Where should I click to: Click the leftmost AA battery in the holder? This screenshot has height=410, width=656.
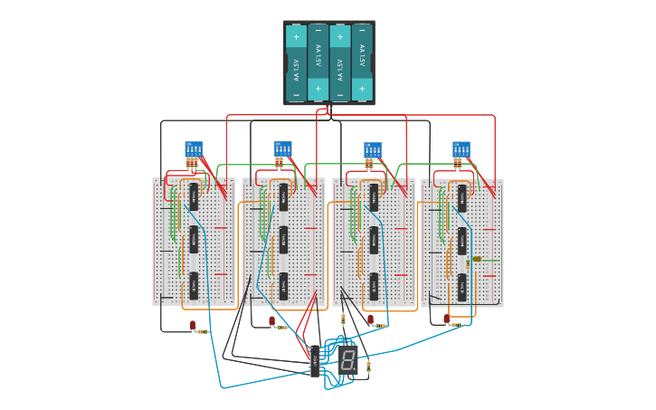(x=296, y=62)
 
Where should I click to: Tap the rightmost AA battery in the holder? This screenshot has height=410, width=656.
(x=362, y=62)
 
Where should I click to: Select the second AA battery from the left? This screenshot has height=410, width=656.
(x=318, y=62)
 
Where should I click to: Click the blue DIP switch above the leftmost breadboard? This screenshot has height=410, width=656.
(x=193, y=148)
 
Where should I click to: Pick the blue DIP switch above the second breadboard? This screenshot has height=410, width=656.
(x=282, y=148)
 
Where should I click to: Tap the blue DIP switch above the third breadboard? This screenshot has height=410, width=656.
(x=372, y=149)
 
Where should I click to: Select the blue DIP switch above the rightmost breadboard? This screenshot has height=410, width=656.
(x=461, y=148)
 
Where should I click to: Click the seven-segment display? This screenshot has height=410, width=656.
(x=347, y=359)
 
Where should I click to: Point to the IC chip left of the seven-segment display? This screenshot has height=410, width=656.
(x=314, y=360)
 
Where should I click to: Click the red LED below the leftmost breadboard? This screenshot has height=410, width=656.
(x=193, y=324)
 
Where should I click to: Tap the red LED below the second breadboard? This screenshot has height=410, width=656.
(x=271, y=320)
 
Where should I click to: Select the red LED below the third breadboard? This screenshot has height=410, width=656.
(x=370, y=319)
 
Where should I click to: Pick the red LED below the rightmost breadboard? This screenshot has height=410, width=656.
(x=447, y=319)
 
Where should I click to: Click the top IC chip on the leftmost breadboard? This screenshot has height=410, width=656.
(x=194, y=196)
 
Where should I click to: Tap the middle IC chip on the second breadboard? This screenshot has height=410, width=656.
(x=283, y=240)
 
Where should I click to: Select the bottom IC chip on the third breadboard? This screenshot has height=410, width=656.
(x=373, y=286)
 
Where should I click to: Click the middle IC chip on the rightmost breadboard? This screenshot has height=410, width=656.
(x=461, y=241)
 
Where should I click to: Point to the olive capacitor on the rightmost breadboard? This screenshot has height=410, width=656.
(x=477, y=259)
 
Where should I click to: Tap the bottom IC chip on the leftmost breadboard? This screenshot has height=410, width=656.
(x=194, y=286)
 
